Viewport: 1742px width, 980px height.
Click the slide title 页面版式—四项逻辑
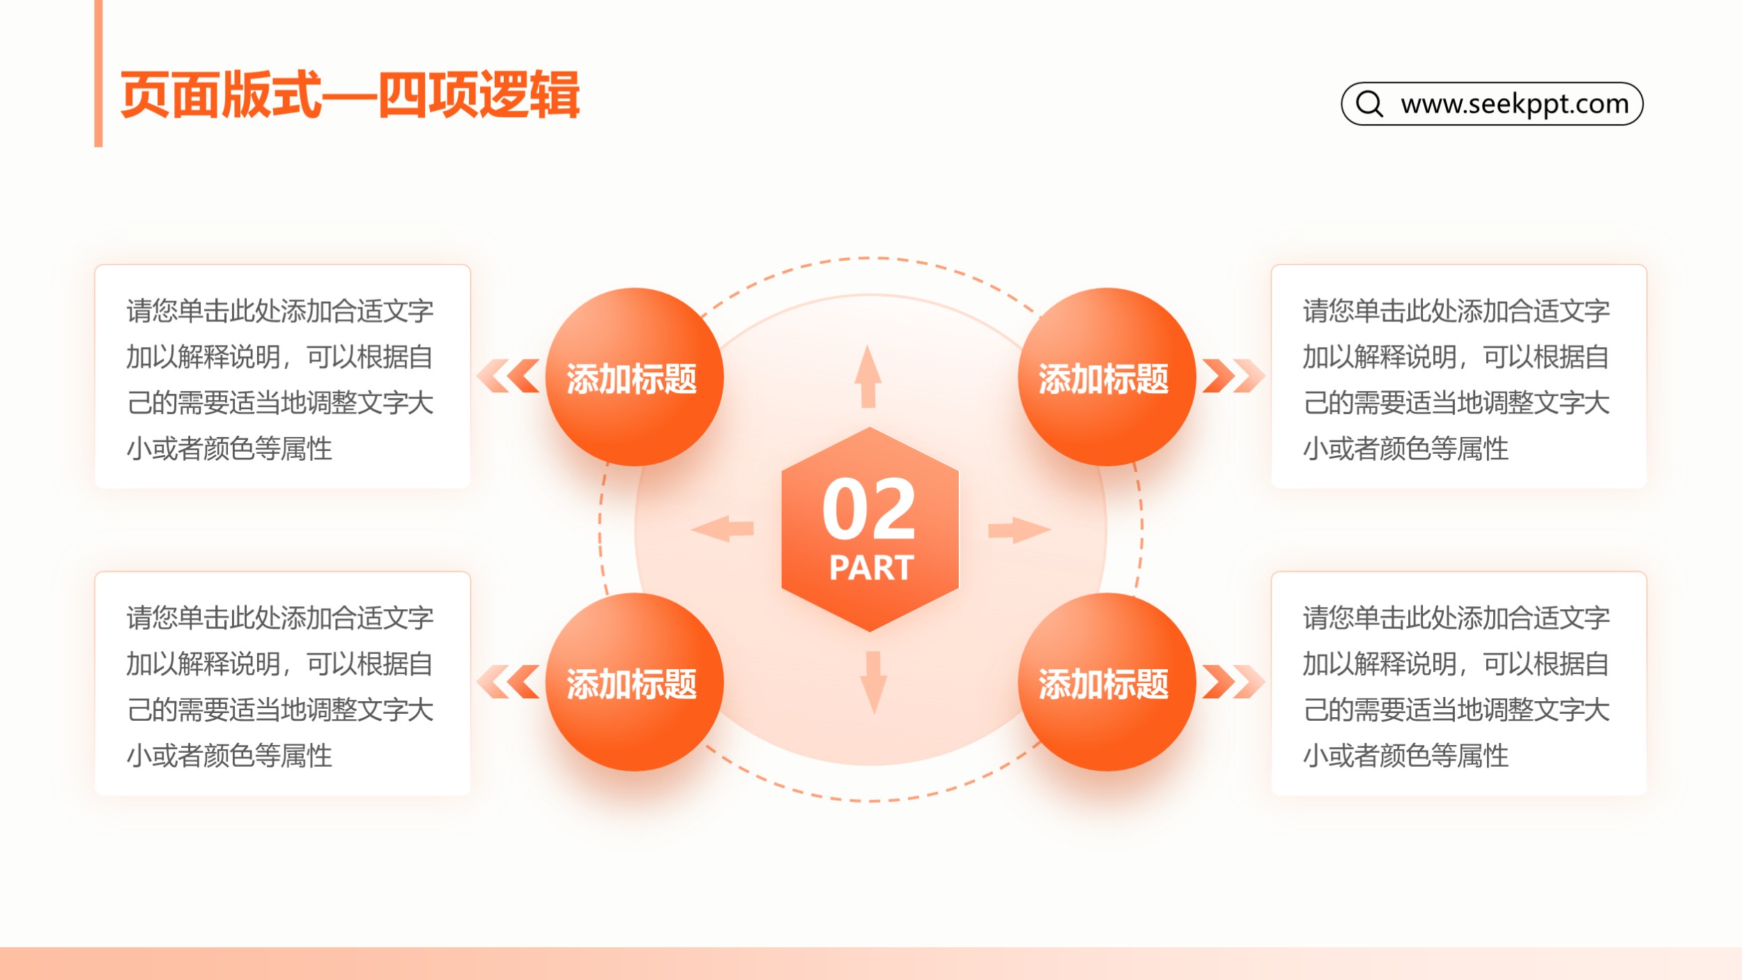tap(350, 95)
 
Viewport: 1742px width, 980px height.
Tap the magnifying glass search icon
tap(1369, 104)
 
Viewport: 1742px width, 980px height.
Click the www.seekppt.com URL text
tap(1514, 104)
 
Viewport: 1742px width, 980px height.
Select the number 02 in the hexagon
tap(869, 509)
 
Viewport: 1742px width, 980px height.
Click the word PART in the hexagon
tap(871, 567)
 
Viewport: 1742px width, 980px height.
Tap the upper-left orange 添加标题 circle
tap(634, 377)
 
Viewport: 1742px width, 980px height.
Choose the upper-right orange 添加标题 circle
tap(1107, 377)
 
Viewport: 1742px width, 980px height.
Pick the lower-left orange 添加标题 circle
tap(634, 682)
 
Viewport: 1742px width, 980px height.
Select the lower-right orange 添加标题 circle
tap(1107, 682)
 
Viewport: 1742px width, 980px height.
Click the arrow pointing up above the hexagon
tap(868, 376)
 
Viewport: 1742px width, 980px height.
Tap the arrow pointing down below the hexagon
tap(874, 683)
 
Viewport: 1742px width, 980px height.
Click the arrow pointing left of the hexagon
tap(723, 529)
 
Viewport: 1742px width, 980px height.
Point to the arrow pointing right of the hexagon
tap(1019, 530)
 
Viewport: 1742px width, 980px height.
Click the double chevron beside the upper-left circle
tap(508, 376)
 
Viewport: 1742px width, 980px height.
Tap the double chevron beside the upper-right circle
tap(1234, 376)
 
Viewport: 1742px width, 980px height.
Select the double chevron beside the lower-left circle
tap(508, 682)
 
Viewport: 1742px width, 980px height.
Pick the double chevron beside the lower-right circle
tap(1234, 682)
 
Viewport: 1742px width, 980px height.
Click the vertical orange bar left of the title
tap(98, 73)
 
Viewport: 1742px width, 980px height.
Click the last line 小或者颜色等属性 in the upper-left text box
tap(229, 449)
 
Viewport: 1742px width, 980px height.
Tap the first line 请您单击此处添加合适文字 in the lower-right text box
tap(1456, 618)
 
